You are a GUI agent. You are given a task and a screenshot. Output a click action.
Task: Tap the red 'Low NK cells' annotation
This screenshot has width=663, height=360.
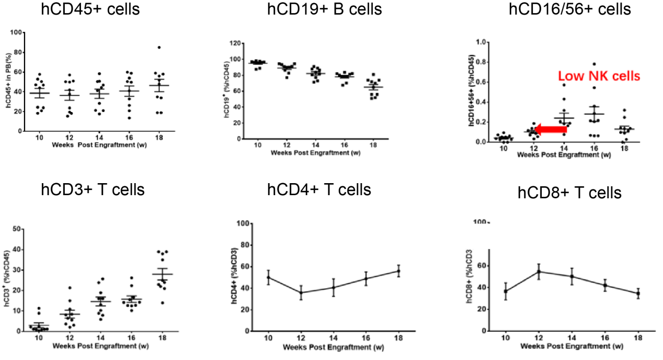pyautogui.click(x=599, y=76)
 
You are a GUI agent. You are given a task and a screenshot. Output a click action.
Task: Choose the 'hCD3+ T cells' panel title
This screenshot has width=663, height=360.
pyautogui.click(x=93, y=189)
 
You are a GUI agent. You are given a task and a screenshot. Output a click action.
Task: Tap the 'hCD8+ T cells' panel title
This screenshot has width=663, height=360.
pyautogui.click(x=569, y=193)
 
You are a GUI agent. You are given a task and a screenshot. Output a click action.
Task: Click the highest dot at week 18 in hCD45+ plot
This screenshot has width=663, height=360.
pyautogui.click(x=159, y=48)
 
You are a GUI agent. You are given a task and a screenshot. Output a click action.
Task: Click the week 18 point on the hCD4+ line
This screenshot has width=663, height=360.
pyautogui.click(x=398, y=271)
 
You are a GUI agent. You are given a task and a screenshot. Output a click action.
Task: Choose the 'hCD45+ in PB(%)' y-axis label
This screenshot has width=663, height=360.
pyautogui.click(x=9, y=82)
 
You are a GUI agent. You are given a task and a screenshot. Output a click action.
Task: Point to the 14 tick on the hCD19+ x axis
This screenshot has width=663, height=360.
pyautogui.click(x=314, y=144)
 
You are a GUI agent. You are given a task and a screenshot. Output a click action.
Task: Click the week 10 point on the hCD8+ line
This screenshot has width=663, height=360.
pyautogui.click(x=505, y=291)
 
